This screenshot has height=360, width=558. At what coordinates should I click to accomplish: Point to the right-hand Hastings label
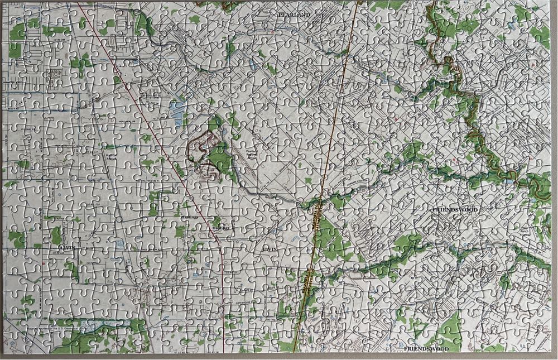[x=220, y=228]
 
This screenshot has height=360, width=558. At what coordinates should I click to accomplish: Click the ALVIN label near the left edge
[x=66, y=246]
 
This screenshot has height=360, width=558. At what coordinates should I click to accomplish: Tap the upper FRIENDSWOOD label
[x=455, y=209]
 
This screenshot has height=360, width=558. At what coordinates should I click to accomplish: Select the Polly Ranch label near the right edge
[x=523, y=230]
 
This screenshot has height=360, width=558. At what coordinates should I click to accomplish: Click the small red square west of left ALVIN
[x=44, y=262]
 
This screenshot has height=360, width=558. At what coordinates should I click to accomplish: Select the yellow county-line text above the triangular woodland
[x=316, y=212]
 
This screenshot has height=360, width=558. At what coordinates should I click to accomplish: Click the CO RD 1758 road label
[x=89, y=207]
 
